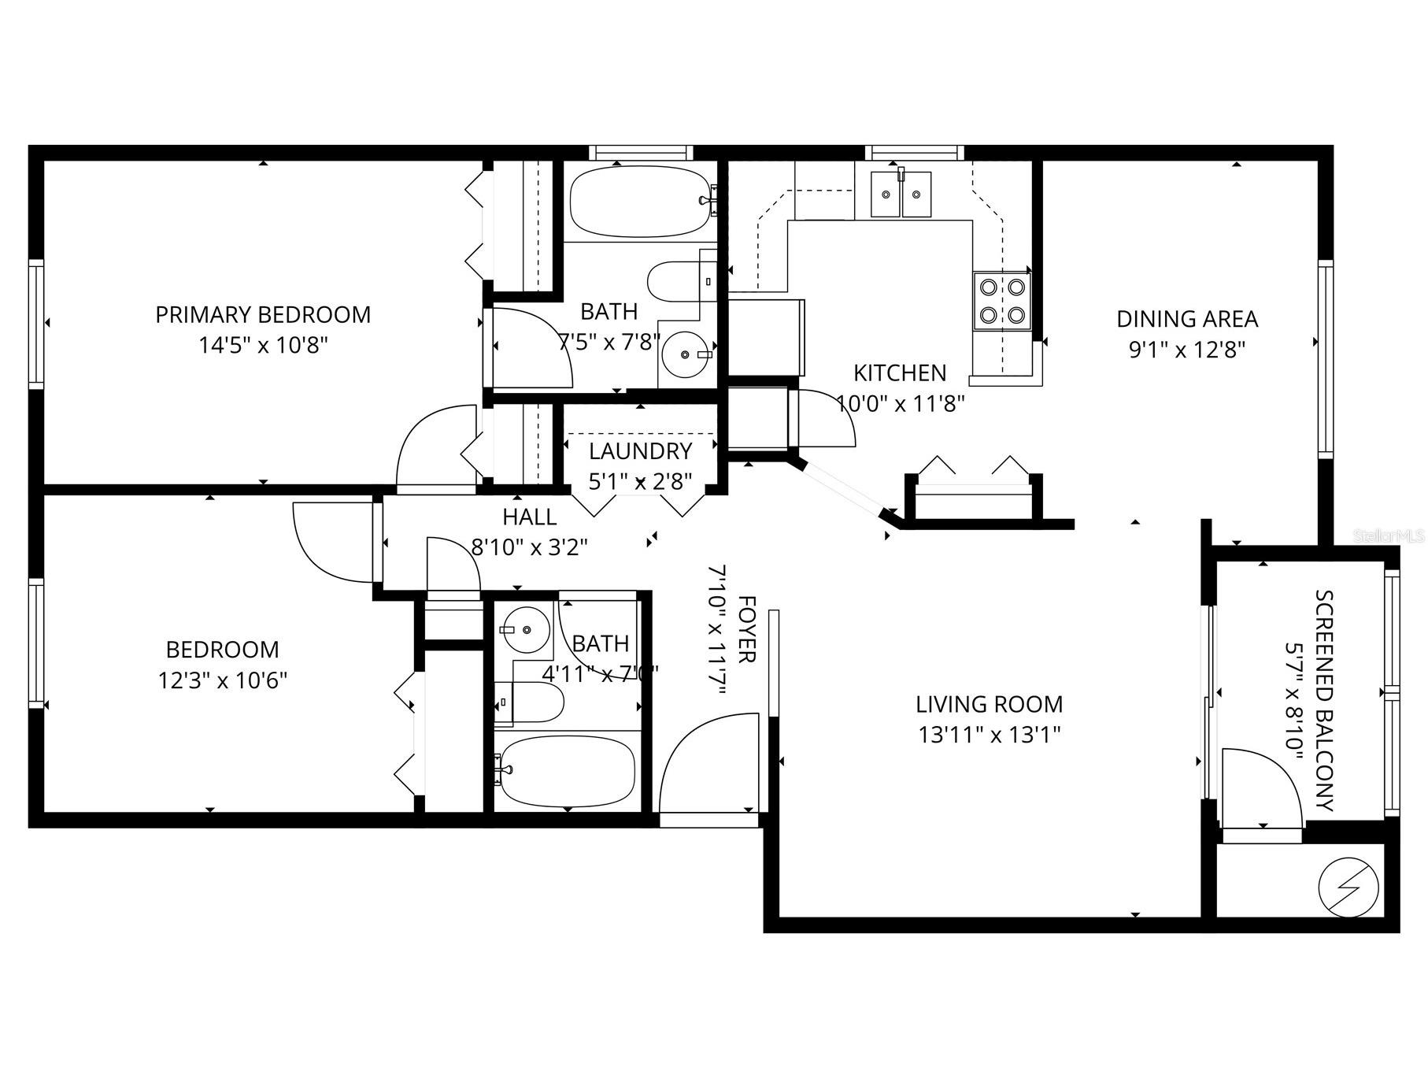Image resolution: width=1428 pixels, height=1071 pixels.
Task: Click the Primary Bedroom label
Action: point(263,314)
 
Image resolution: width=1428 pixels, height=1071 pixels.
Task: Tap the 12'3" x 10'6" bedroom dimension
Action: point(223,680)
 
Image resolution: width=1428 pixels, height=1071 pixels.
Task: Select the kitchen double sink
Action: point(901,194)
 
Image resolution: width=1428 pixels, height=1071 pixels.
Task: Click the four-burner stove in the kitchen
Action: point(1001,302)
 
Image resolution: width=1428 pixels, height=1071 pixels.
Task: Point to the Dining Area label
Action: point(1187,319)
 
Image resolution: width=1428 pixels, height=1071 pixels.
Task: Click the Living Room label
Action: point(989,703)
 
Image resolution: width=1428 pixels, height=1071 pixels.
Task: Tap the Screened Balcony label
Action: point(1325,700)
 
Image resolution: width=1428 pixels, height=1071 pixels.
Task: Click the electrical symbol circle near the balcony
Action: point(1348,887)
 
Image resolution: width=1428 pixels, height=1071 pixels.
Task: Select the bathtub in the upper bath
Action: point(639,202)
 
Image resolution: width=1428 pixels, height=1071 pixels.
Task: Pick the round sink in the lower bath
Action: point(526,630)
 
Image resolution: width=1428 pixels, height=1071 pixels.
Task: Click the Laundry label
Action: point(640,451)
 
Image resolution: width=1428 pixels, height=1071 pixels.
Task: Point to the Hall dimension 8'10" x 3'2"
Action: point(529,546)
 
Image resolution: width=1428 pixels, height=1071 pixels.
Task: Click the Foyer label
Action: point(745,629)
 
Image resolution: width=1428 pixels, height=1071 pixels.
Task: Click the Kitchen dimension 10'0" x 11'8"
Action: point(900,404)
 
